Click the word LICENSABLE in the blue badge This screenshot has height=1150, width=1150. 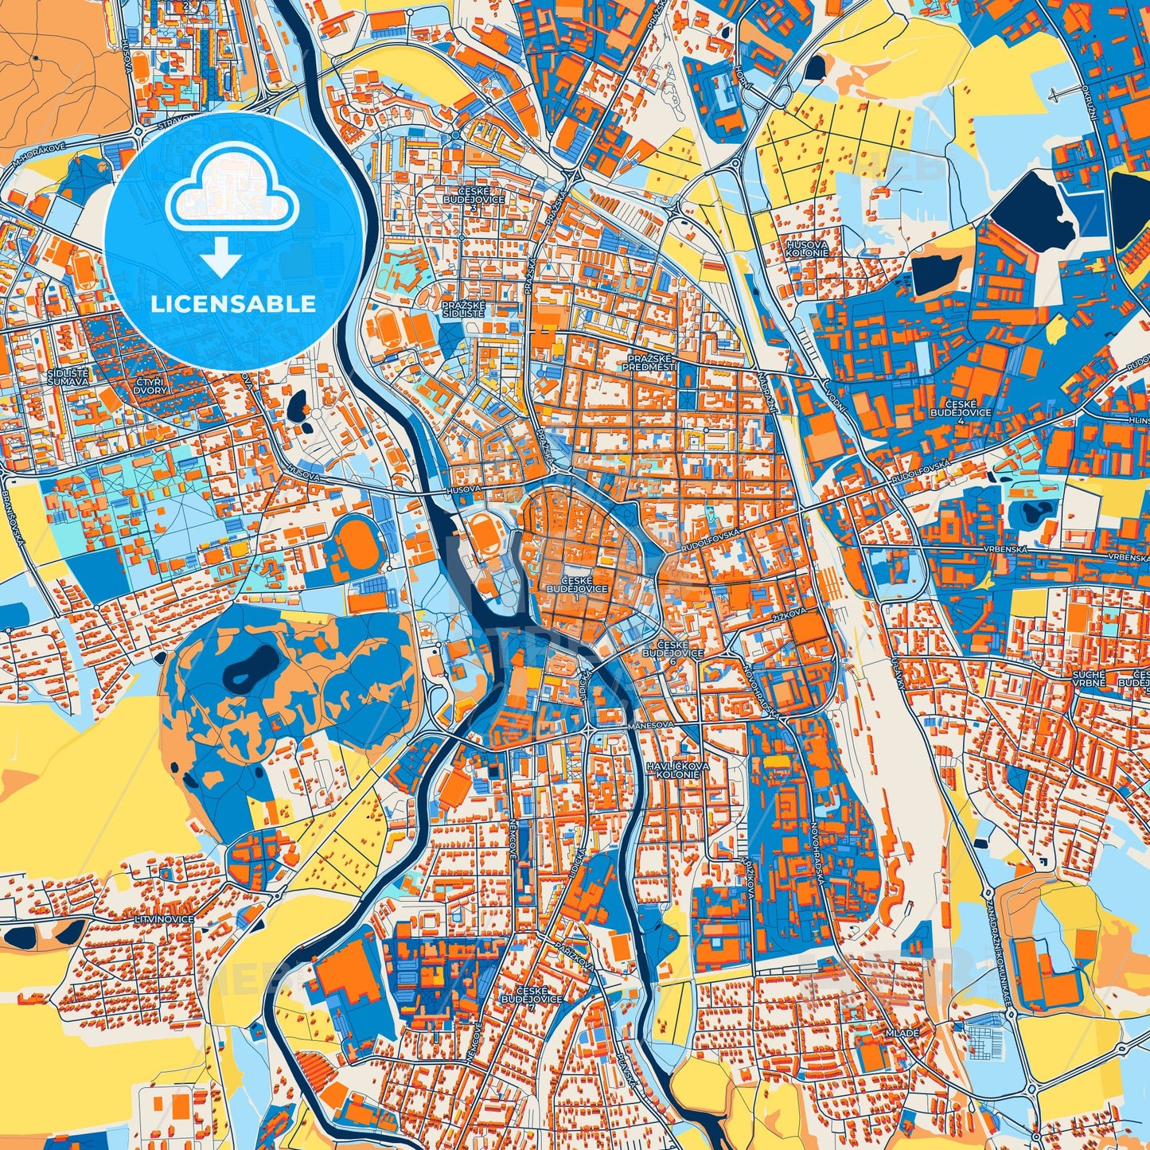pyautogui.click(x=233, y=304)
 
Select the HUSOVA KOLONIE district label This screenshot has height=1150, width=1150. pyautogui.click(x=807, y=248)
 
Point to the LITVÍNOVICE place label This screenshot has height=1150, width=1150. pyautogui.click(x=165, y=919)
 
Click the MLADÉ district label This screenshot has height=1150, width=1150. pyautogui.click(x=901, y=1032)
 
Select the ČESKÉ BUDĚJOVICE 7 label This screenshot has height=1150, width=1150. pyautogui.click(x=532, y=999)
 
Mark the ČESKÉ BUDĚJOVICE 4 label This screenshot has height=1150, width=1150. pyautogui.click(x=961, y=412)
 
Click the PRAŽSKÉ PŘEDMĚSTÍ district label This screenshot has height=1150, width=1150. pyautogui.click(x=650, y=363)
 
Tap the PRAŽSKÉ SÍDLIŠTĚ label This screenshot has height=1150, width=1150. pyautogui.click(x=464, y=309)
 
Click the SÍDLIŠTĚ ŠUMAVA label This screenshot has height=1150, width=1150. pyautogui.click(x=68, y=377)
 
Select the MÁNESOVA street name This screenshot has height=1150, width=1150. pyautogui.click(x=649, y=725)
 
